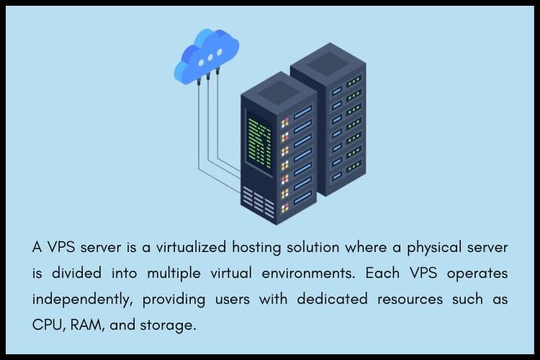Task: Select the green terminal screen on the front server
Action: pos(258,140)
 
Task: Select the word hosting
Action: pos(261,248)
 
